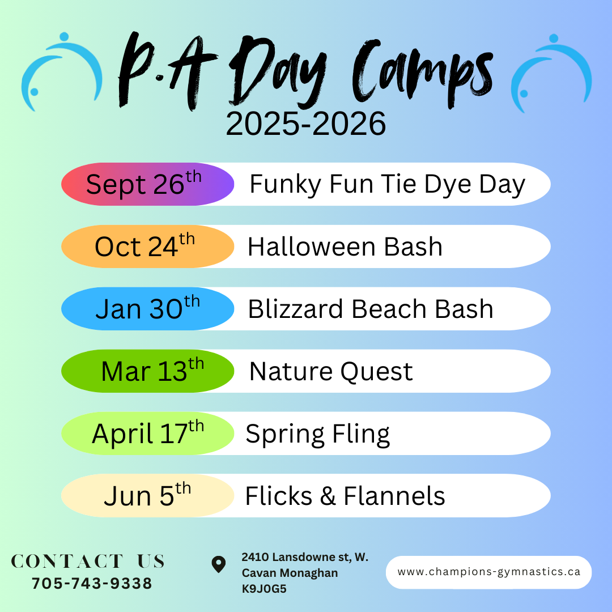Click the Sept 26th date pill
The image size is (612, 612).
pyautogui.click(x=147, y=184)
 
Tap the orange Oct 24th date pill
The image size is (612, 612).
pyautogui.click(x=147, y=246)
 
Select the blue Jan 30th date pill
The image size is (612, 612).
pyautogui.click(x=147, y=309)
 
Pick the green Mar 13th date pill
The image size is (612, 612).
pyautogui.click(x=147, y=371)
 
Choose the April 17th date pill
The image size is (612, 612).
pyautogui.click(x=147, y=433)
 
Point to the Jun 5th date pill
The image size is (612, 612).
pyautogui.click(x=147, y=496)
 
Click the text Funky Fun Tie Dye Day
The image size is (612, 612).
pyautogui.click(x=387, y=185)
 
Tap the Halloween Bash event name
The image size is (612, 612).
pyautogui.click(x=345, y=246)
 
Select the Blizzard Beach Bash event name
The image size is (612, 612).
pyautogui.click(x=371, y=309)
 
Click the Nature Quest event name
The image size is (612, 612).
pyautogui.click(x=331, y=372)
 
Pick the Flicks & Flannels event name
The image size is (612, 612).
pyautogui.click(x=345, y=496)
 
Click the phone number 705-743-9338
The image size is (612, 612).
pyautogui.click(x=92, y=584)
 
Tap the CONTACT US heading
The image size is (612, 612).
pyautogui.click(x=88, y=561)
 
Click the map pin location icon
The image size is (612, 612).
pyautogui.click(x=219, y=564)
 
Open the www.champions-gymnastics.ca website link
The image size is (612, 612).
pyautogui.click(x=488, y=572)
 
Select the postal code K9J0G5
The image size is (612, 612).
pyautogui.click(x=264, y=589)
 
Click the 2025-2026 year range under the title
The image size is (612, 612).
pyautogui.click(x=305, y=124)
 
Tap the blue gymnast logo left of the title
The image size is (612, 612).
pyautogui.click(x=62, y=71)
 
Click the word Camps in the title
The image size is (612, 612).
pyautogui.click(x=423, y=74)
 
